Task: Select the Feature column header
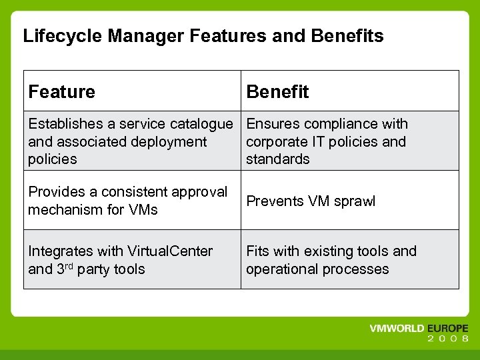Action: (x=62, y=92)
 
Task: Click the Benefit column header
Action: (x=277, y=92)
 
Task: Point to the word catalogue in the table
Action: (x=201, y=124)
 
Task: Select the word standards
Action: (x=278, y=159)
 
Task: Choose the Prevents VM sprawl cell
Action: (x=311, y=201)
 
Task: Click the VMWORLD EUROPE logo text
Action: (x=419, y=329)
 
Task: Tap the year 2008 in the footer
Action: (x=448, y=339)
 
